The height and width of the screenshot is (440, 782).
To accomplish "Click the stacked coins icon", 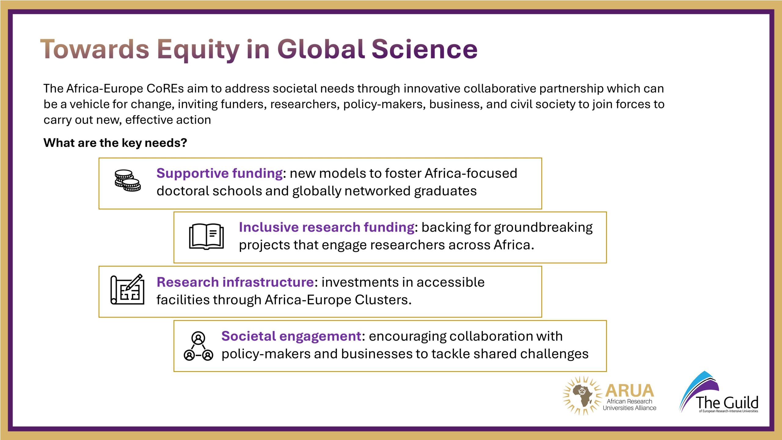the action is tap(128, 180).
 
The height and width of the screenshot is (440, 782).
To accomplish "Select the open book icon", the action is tap(206, 237).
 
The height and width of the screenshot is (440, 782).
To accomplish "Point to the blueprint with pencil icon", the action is tap(127, 289).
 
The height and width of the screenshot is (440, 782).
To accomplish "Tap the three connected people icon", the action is tap(198, 346).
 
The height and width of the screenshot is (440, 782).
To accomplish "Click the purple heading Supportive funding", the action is tap(219, 173).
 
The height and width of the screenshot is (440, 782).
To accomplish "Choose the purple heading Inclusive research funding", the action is tap(327, 227).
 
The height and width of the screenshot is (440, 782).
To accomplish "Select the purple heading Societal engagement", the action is tap(291, 336).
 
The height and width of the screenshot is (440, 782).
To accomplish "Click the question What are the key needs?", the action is tap(115, 143).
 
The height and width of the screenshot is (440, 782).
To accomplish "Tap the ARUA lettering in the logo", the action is tap(630, 391).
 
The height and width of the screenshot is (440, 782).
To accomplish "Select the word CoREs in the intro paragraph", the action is tap(165, 89).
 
